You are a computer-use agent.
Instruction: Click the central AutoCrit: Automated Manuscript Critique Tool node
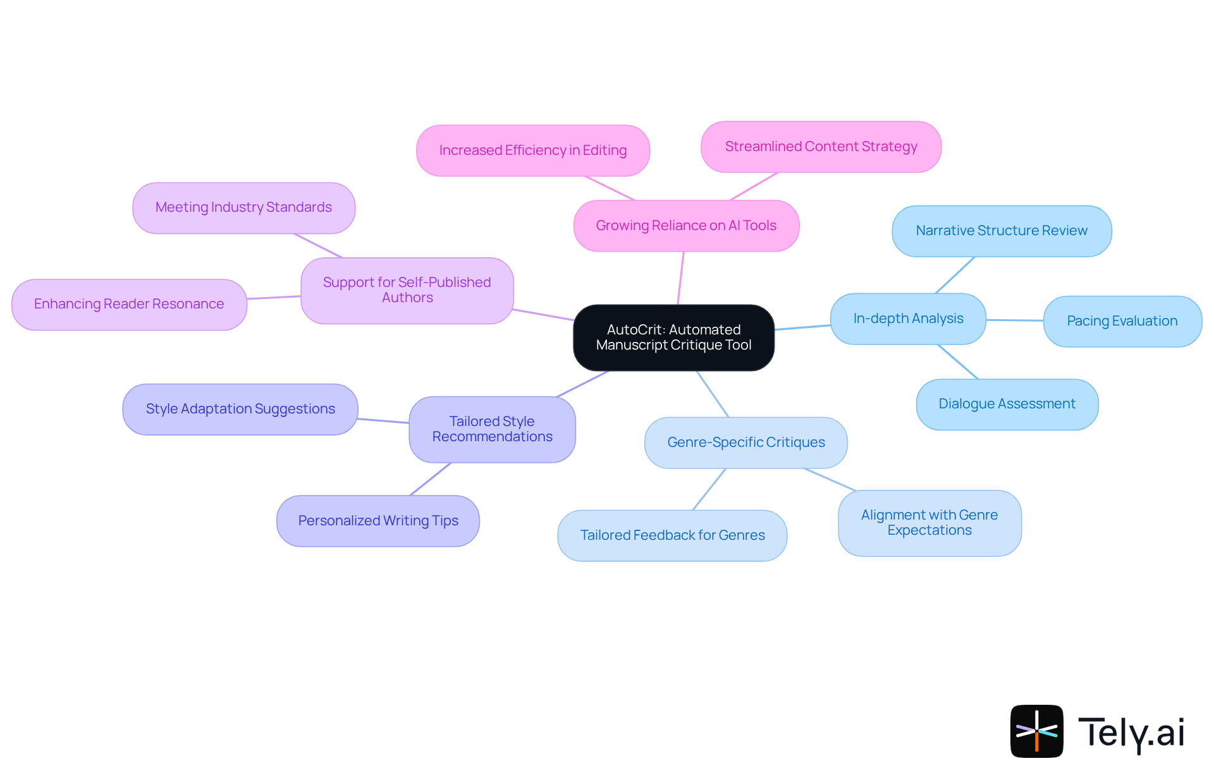[x=673, y=338]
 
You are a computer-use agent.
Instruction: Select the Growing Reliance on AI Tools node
[x=686, y=226]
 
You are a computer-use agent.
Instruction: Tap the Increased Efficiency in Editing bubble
[x=532, y=150]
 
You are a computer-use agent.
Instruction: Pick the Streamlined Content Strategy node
[x=821, y=147]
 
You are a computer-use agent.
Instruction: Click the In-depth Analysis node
[x=908, y=319]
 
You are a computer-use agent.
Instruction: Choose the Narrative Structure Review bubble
[x=1002, y=231]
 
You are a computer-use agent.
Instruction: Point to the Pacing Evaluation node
[x=1122, y=321]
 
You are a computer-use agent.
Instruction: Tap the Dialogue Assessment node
[x=1007, y=404]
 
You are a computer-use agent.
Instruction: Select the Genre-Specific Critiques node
[x=745, y=442]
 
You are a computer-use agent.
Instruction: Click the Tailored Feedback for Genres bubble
[x=672, y=535]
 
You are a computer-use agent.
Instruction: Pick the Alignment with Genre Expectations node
[x=929, y=523]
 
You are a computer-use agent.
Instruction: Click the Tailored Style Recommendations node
[x=492, y=429]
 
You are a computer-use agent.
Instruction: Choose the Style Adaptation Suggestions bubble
[x=240, y=409]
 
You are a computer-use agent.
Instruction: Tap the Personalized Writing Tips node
[x=378, y=521]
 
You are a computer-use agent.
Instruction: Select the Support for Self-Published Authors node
[x=407, y=290]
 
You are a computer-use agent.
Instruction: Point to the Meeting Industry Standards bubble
[x=243, y=208]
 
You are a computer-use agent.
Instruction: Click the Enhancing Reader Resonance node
[x=129, y=304]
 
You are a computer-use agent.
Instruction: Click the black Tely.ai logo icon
[x=1036, y=731]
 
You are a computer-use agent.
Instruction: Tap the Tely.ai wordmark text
[x=1131, y=733]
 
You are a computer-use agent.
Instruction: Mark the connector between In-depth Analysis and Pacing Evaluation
[x=1014, y=320]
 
